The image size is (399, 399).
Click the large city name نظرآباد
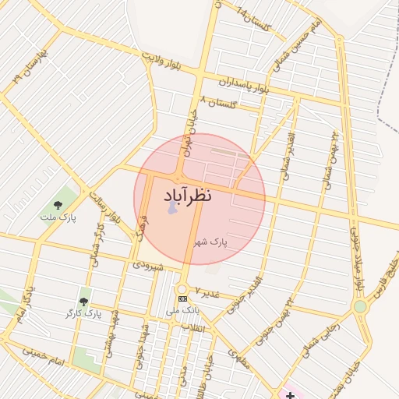click(199, 196)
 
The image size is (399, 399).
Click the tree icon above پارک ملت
click(60, 204)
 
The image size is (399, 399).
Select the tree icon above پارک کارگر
click(84, 301)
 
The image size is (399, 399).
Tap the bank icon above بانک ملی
click(182, 298)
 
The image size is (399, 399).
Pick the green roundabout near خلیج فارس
click(360, 306)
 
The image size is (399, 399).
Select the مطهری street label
click(238, 358)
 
